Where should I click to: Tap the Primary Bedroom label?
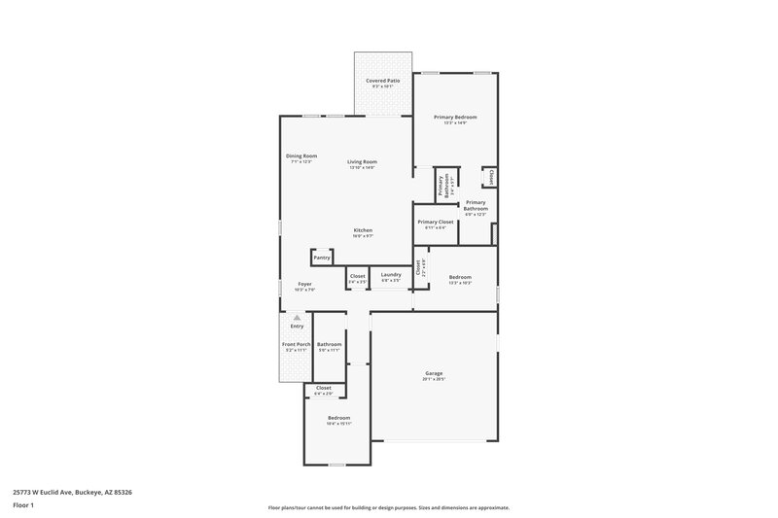(455, 120)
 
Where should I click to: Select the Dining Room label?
(301, 158)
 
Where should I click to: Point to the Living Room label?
(363, 164)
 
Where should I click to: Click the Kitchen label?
(363, 232)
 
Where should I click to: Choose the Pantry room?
(322, 258)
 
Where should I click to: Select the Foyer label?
(304, 286)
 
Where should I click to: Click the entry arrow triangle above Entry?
(298, 317)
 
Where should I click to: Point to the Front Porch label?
(296, 347)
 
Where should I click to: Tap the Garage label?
(434, 375)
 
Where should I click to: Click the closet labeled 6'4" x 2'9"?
(324, 390)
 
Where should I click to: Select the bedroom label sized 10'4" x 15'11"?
(338, 420)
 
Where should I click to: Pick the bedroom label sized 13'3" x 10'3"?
(460, 279)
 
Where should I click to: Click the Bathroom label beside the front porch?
(329, 347)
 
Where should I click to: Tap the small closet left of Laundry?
(357, 278)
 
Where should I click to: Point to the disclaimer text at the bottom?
(389, 507)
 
